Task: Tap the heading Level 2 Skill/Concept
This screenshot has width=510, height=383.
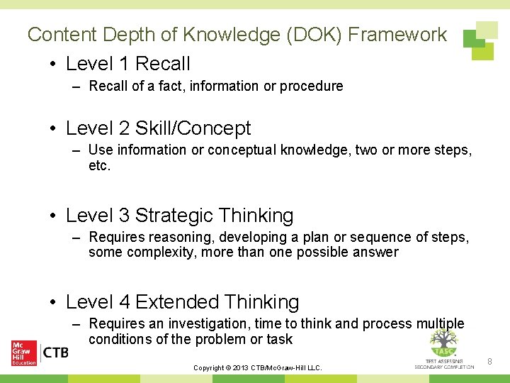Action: (x=158, y=128)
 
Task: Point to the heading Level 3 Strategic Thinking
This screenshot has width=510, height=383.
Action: (x=179, y=215)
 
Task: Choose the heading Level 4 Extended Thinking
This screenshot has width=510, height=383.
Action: (x=182, y=301)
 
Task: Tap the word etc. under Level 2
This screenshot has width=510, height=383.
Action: (x=100, y=165)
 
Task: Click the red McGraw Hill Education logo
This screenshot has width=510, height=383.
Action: (x=24, y=353)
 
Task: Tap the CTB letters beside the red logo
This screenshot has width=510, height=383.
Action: (x=55, y=353)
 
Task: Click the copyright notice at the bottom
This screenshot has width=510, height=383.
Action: (x=258, y=367)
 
